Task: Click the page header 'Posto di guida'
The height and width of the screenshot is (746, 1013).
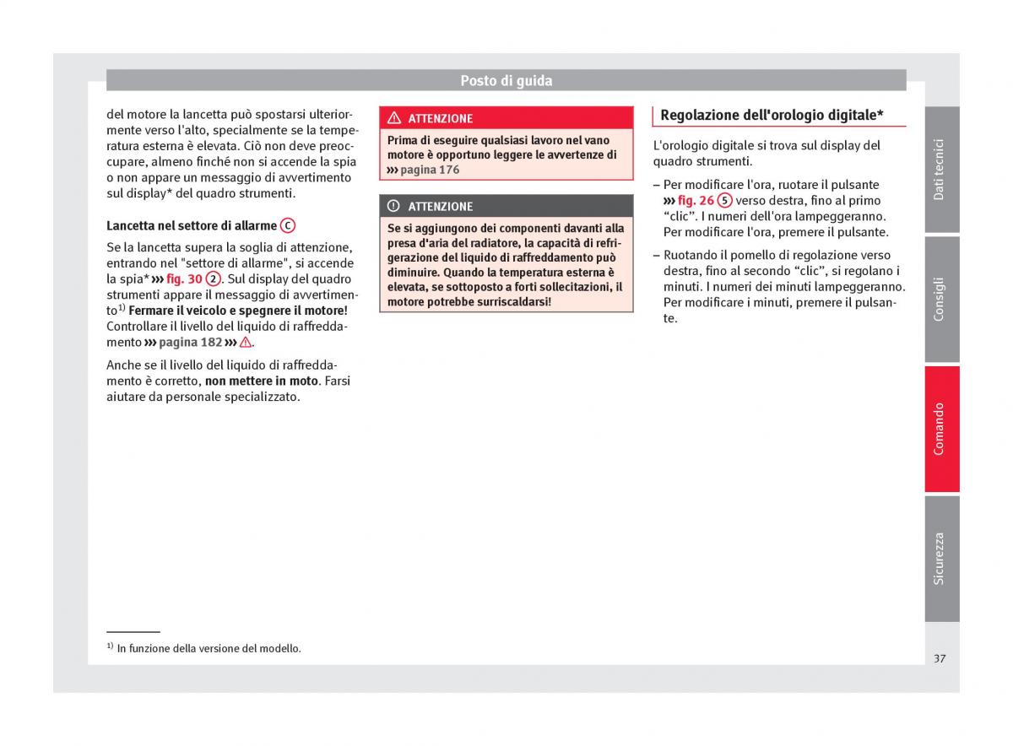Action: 506,81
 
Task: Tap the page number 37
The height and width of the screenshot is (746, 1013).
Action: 940,658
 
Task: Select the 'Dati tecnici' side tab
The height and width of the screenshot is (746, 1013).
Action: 940,170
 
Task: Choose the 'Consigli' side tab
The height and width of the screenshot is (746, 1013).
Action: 940,300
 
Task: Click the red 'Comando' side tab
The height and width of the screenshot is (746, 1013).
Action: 940,429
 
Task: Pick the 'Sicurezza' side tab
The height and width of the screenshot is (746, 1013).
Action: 940,559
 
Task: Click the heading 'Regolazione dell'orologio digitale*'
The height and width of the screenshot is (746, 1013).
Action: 772,116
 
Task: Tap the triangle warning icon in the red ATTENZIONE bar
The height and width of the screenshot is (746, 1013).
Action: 394,118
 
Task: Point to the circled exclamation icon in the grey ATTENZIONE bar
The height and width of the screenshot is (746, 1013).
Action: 394,206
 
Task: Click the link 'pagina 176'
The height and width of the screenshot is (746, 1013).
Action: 430,170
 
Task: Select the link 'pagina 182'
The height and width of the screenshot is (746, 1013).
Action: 190,343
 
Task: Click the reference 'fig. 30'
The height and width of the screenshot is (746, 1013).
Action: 184,279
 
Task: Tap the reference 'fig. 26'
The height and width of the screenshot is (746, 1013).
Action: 695,201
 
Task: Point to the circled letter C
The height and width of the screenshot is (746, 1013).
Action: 288,225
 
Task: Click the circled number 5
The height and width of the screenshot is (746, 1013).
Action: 724,201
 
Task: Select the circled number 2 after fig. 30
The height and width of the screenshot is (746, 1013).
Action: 214,279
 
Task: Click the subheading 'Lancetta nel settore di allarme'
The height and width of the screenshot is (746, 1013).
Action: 192,226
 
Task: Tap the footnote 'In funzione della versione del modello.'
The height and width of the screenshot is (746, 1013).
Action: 209,649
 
